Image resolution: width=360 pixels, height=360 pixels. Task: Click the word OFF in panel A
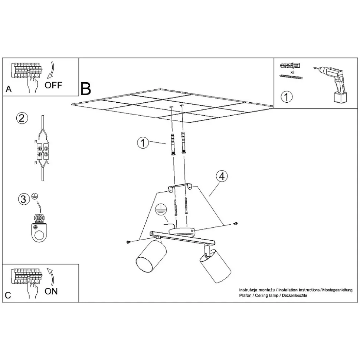[x=53, y=85]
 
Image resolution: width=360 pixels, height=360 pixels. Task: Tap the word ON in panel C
[x=51, y=291]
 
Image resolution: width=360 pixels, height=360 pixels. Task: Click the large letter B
[x=86, y=89]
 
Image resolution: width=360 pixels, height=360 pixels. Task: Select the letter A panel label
[x=9, y=89]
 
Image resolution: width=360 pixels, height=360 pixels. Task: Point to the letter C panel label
[x=8, y=295]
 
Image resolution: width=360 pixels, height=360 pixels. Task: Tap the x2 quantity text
[x=292, y=72]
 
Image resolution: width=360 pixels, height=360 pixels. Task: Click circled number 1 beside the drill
[x=287, y=97]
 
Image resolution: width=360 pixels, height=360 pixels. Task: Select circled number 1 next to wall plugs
[x=143, y=143]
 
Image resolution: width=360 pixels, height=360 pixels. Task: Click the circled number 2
[x=22, y=118]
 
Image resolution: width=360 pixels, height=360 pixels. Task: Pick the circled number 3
[x=24, y=199]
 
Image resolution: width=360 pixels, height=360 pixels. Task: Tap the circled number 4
[x=222, y=176]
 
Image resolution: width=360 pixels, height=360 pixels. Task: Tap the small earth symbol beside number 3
[x=35, y=196]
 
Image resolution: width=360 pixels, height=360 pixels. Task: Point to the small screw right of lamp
[x=235, y=224]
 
